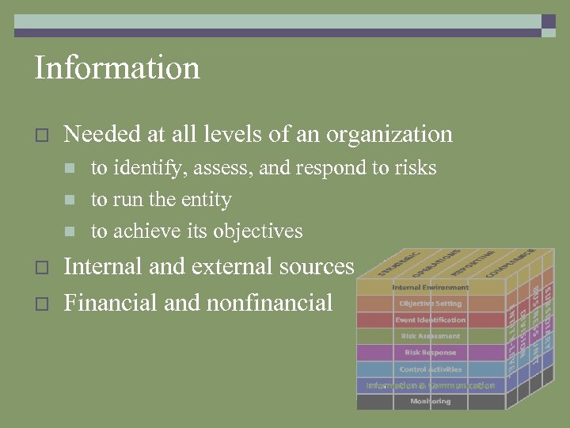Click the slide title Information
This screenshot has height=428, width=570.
pyautogui.click(x=117, y=68)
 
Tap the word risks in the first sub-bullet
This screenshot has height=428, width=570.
pyautogui.click(x=412, y=168)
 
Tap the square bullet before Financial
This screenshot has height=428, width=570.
pyautogui.click(x=42, y=304)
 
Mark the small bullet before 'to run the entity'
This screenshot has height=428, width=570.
pyautogui.click(x=70, y=200)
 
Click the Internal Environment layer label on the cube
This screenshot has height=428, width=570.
pyautogui.click(x=430, y=287)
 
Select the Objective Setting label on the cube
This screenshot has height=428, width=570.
pyautogui.click(x=430, y=304)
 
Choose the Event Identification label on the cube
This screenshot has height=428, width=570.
pyautogui.click(x=430, y=320)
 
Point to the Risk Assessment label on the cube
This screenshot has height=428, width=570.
pyautogui.click(x=430, y=336)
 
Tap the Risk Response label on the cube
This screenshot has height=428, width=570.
pyautogui.click(x=430, y=353)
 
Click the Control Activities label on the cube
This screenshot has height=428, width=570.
pyautogui.click(x=430, y=369)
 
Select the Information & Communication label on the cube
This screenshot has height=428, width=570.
pyautogui.click(x=430, y=386)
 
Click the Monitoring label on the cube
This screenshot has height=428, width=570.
pyautogui.click(x=430, y=402)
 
